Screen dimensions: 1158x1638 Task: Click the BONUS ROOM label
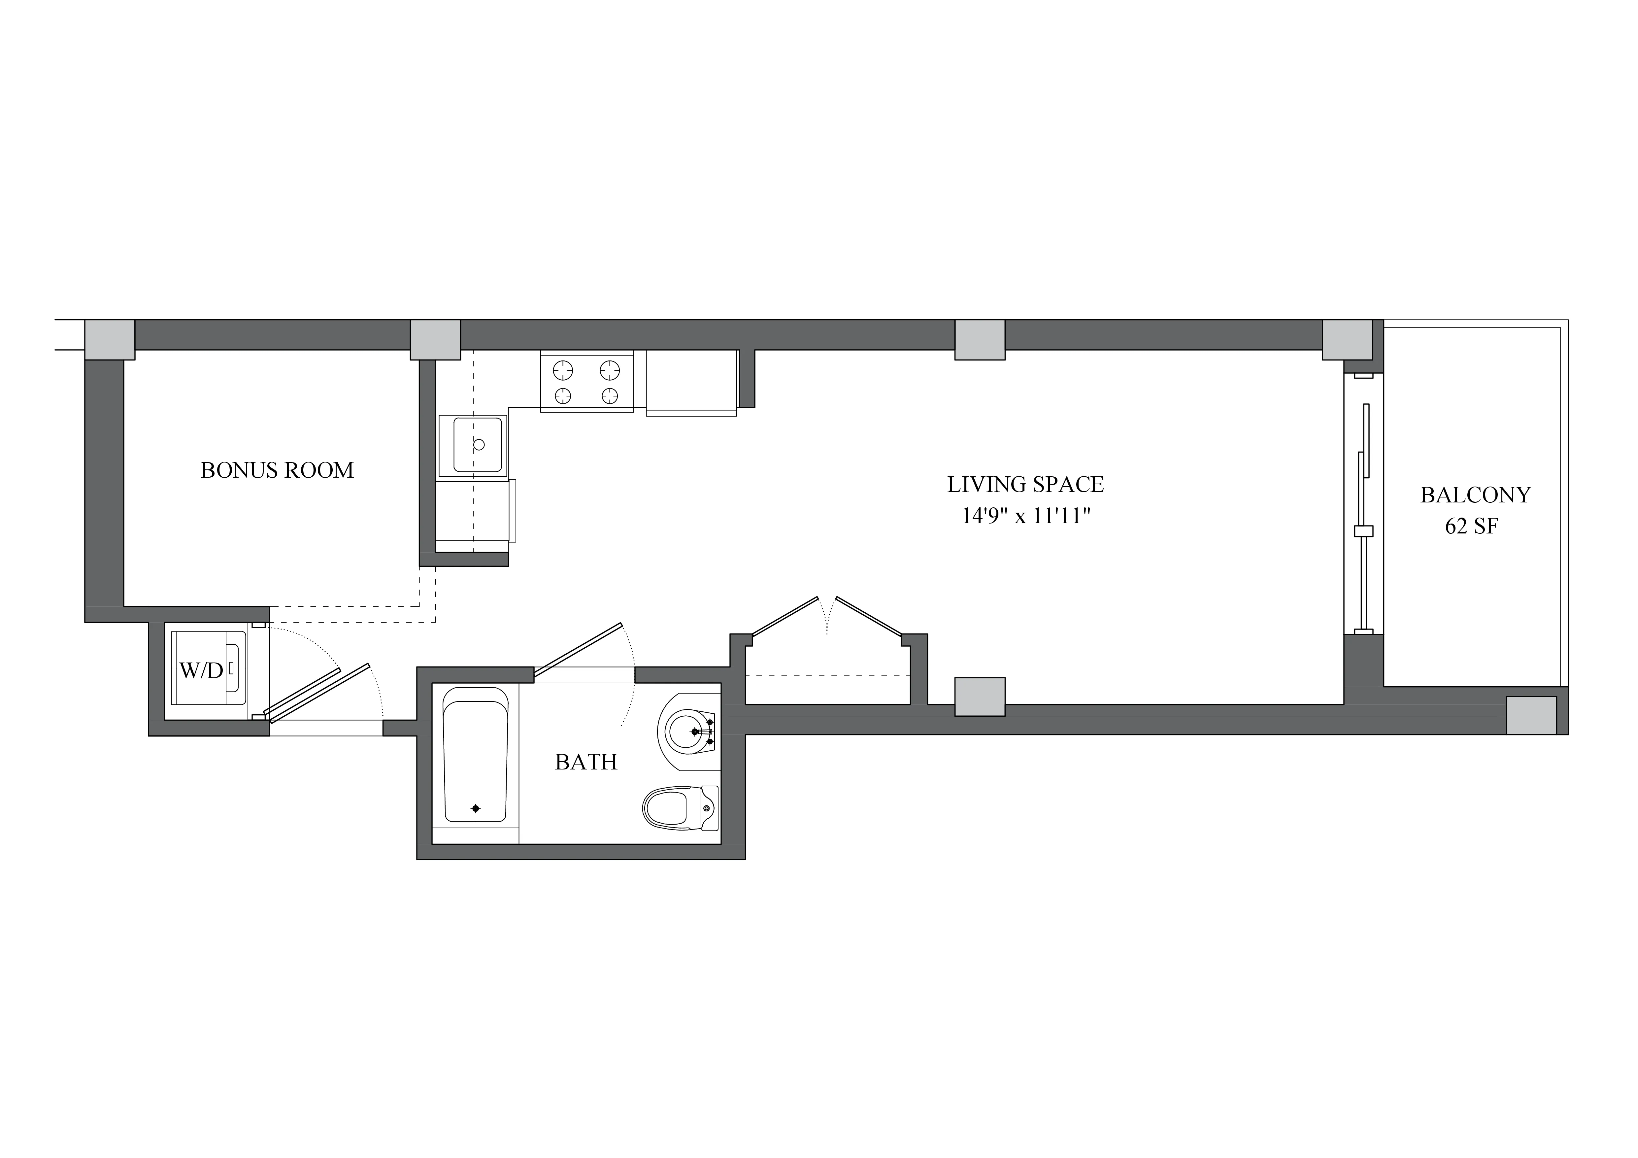click(x=277, y=470)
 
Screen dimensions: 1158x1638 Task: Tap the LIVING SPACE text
click(x=1025, y=485)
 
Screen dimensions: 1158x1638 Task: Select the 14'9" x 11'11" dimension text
click(x=1027, y=516)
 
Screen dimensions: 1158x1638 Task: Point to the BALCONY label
click(x=1475, y=495)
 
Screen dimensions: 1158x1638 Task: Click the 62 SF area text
click(x=1471, y=527)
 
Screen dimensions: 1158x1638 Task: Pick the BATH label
click(x=586, y=762)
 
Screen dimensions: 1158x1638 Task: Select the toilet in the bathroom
click(x=678, y=808)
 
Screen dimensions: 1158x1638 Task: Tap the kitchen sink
click(x=477, y=445)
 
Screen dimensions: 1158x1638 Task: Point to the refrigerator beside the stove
click(x=690, y=382)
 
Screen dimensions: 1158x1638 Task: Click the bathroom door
click(x=579, y=650)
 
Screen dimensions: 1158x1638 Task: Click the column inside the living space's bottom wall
click(x=980, y=697)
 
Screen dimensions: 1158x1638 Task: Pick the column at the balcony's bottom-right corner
click(x=1531, y=715)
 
